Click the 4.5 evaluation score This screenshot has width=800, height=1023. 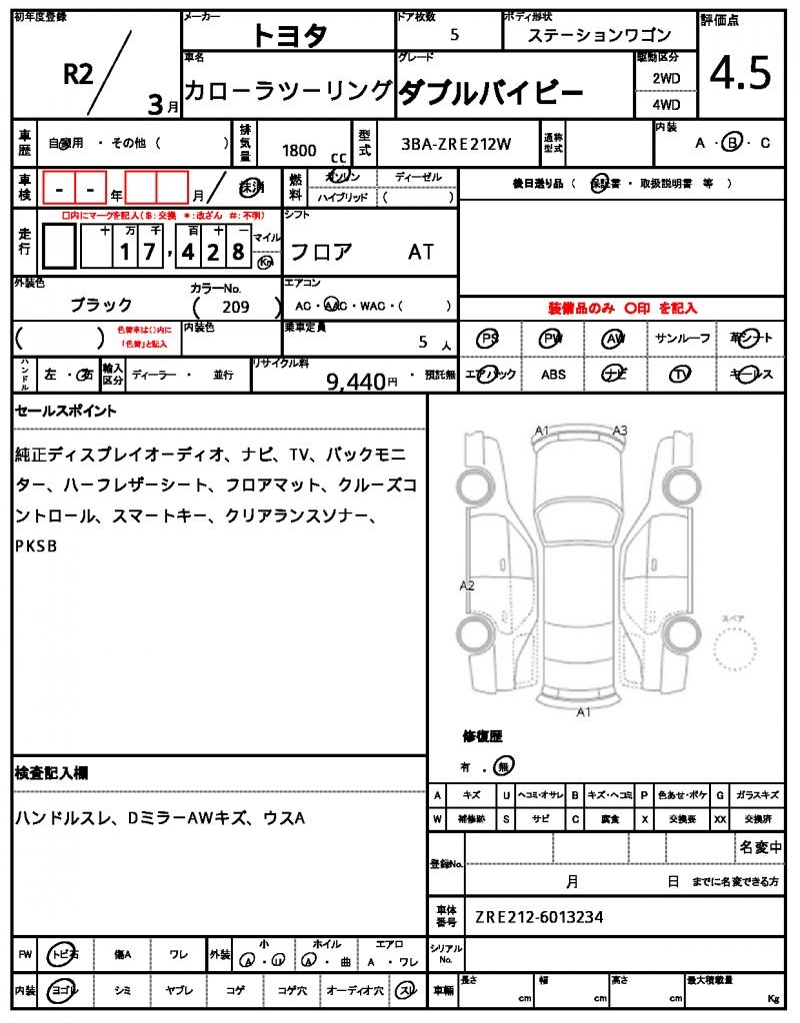coord(740,74)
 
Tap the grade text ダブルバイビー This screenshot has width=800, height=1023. coord(491,93)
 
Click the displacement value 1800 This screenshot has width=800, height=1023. coord(299,150)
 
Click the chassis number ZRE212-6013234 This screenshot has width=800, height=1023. coord(539,917)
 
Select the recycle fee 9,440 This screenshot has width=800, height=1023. coord(357,380)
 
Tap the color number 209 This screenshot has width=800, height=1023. coord(237,307)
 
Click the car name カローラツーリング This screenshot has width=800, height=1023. coord(288,91)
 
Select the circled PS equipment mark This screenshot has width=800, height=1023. coord(488,339)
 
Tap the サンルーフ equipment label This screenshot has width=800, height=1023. coord(682,339)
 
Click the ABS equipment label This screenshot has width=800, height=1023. coord(553,375)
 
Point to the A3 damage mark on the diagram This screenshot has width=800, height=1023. coord(620,431)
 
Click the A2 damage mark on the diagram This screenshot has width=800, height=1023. coord(466,585)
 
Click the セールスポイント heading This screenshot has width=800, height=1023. coord(66,411)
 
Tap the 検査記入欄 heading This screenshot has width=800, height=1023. coord(51,773)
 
